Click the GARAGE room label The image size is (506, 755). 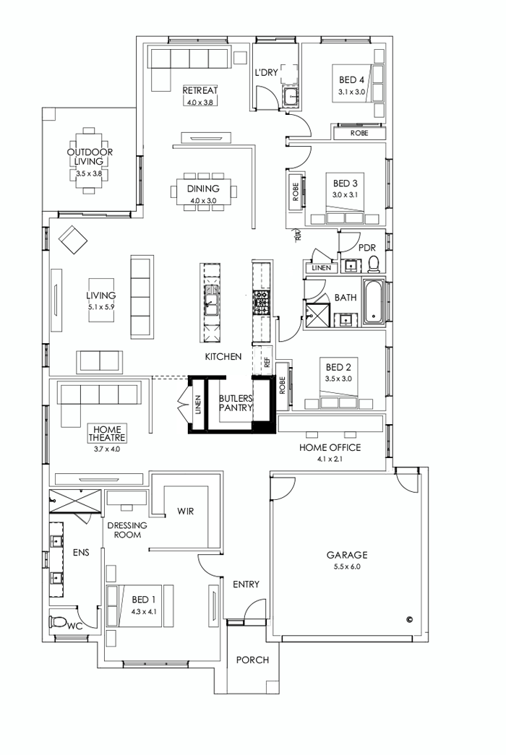(x=347, y=555)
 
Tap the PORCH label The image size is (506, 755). (x=252, y=660)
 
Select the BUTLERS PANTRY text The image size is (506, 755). (x=236, y=402)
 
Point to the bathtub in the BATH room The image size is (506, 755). (x=372, y=301)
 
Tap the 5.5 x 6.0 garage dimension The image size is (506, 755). (x=347, y=567)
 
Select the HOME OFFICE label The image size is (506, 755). (x=330, y=447)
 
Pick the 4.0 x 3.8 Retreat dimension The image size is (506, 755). (x=200, y=102)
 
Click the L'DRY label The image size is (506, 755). (x=267, y=73)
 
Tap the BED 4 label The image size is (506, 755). (x=349, y=80)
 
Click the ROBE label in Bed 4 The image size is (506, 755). (x=359, y=133)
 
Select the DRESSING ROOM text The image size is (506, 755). (x=126, y=530)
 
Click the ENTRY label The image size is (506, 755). (x=246, y=584)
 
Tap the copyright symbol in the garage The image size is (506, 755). (x=409, y=619)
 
